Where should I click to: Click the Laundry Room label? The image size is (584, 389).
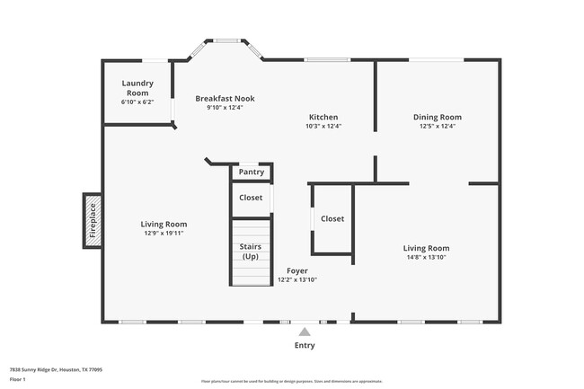click(x=137, y=88)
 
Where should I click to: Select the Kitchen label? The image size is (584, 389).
click(x=323, y=117)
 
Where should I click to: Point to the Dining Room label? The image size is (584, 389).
click(x=438, y=117)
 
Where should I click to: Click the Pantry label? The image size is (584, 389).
click(x=252, y=172)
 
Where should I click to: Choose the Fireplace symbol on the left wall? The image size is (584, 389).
click(x=92, y=220)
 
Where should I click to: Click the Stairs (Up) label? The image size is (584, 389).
click(x=251, y=252)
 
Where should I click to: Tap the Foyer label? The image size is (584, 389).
click(x=297, y=270)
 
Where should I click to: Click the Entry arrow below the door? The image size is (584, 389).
click(x=305, y=332)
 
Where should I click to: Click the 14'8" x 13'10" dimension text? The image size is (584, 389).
click(x=426, y=258)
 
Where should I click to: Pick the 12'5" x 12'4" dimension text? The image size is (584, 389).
click(x=438, y=127)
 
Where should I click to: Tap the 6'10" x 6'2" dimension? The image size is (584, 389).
click(x=137, y=102)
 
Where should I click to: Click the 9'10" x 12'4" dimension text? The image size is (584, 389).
click(x=225, y=107)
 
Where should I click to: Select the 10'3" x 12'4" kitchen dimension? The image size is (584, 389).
click(x=323, y=127)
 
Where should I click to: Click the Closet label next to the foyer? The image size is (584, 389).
click(x=332, y=218)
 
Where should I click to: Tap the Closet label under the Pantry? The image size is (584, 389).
click(x=252, y=198)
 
